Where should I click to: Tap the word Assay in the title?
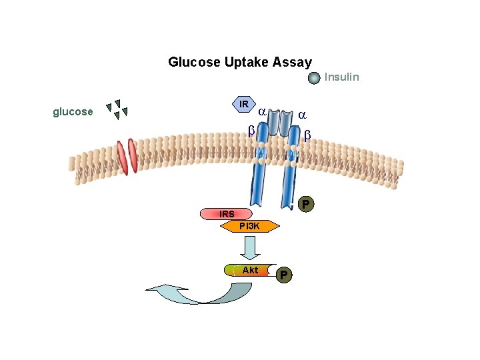(292, 63)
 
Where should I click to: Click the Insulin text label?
(341, 77)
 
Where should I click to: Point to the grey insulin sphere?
(315, 78)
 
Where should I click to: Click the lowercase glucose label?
(73, 112)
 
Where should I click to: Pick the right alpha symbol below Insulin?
(302, 115)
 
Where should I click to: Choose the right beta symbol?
(307, 135)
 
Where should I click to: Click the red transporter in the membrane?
(125, 157)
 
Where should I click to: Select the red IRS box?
(227, 214)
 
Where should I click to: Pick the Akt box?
(250, 270)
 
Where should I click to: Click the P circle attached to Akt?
(284, 274)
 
